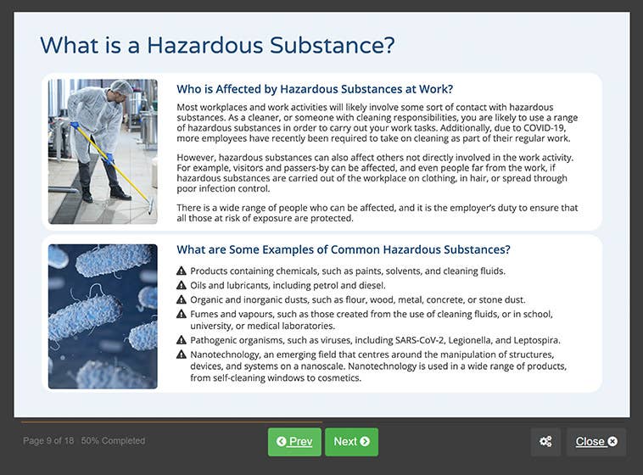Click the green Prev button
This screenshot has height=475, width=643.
[294, 442]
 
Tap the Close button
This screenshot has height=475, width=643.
[595, 442]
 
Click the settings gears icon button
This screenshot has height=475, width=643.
[545, 442]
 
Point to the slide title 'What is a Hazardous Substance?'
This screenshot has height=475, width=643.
[218, 45]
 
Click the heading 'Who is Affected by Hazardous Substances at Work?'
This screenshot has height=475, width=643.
[315, 89]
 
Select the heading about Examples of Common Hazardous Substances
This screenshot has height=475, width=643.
[343, 249]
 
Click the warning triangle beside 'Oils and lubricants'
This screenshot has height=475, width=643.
[182, 285]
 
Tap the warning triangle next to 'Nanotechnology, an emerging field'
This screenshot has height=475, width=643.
[182, 354]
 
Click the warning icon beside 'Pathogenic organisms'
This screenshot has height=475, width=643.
[182, 340]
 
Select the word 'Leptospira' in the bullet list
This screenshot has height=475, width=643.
[534, 340]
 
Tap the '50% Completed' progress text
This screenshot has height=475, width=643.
[114, 441]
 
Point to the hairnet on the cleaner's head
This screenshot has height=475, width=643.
[122, 87]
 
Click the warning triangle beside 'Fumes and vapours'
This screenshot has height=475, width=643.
[182, 313]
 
